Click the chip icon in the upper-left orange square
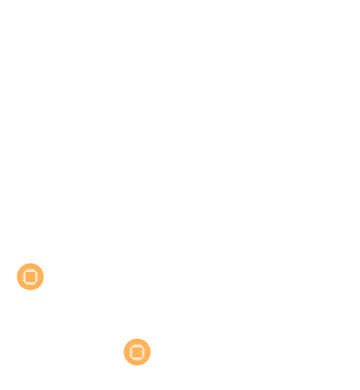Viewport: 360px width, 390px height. click(x=30, y=277)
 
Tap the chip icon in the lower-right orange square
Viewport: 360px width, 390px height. click(x=137, y=352)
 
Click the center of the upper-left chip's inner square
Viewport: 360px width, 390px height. click(x=30, y=277)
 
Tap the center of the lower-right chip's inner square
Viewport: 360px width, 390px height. click(x=137, y=352)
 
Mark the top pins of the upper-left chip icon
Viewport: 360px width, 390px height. click(x=30, y=270)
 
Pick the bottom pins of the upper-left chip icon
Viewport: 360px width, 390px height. click(x=30, y=284)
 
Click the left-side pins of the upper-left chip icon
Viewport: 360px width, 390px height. click(x=23, y=277)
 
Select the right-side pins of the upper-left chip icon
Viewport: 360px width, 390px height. click(x=37, y=277)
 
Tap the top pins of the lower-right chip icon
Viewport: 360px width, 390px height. click(x=137, y=345)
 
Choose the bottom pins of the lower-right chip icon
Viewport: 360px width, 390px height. click(x=137, y=359)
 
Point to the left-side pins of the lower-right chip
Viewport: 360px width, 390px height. click(x=130, y=352)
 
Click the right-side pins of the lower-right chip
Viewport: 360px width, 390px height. click(x=144, y=352)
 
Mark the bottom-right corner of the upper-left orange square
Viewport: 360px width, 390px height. click(x=43, y=290)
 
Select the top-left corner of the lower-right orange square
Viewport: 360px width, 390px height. click(x=124, y=339)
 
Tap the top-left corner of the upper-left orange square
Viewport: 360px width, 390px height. click(x=17, y=263)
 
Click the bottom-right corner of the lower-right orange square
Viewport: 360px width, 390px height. click(x=150, y=365)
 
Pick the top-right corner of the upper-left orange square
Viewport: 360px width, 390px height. click(x=43, y=263)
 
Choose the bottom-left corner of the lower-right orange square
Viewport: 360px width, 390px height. click(x=124, y=365)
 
